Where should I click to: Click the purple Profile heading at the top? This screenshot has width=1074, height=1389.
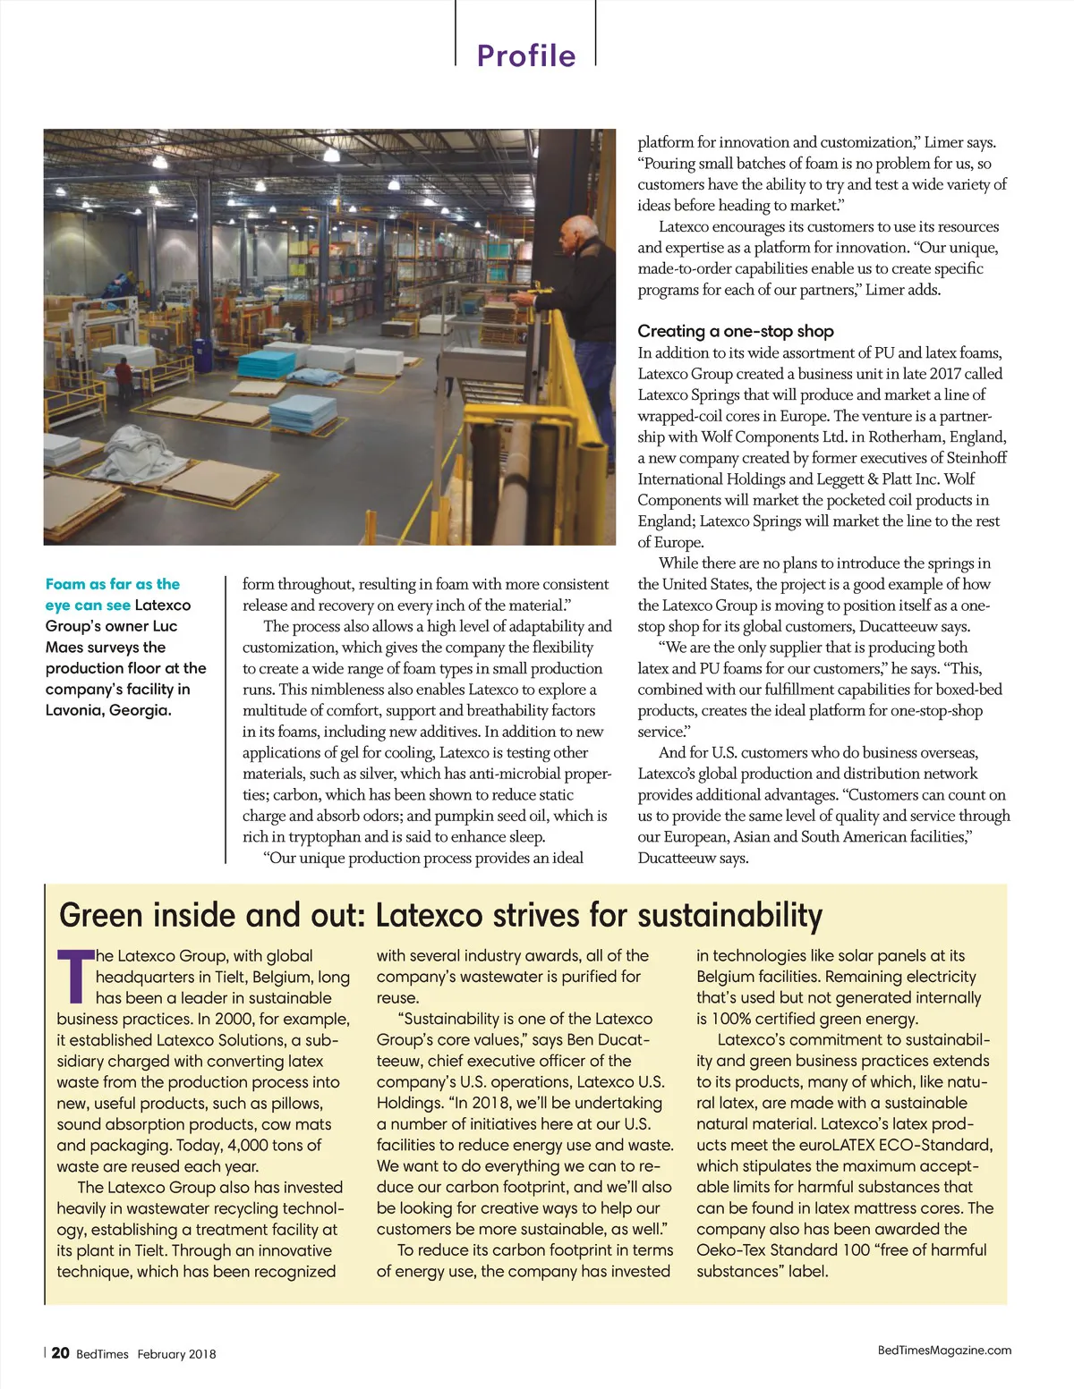click(525, 55)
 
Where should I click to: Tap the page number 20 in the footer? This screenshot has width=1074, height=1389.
click(60, 1352)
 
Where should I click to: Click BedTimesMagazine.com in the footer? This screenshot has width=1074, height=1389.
click(944, 1350)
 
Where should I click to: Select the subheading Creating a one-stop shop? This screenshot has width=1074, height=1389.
click(735, 331)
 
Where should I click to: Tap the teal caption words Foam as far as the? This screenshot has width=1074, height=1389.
click(113, 584)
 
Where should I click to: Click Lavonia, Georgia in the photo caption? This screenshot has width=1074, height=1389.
click(107, 710)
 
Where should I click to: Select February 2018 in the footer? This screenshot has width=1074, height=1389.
click(176, 1353)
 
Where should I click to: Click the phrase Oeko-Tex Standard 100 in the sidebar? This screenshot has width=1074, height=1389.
click(783, 1249)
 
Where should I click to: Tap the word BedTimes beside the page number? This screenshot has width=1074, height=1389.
click(102, 1353)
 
